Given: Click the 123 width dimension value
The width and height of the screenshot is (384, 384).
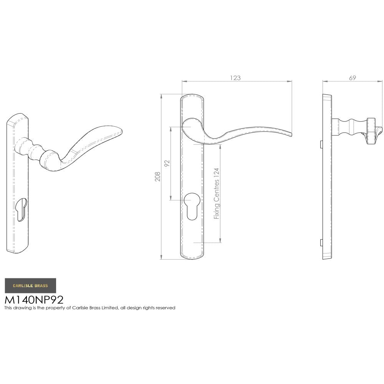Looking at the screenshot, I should click(x=235, y=78).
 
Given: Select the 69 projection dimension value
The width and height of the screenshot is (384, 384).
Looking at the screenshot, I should click(x=352, y=78).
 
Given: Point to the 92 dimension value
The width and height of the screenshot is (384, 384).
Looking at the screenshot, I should click(x=167, y=164).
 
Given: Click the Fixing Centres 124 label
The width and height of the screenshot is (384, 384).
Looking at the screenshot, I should click(x=217, y=194).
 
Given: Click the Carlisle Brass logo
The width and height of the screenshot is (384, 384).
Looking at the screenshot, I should click(x=30, y=286).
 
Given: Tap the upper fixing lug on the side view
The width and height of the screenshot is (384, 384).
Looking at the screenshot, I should click(x=321, y=144).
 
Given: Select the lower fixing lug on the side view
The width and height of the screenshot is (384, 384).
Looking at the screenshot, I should click(x=321, y=242).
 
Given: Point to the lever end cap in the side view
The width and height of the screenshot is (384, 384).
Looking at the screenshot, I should click(x=374, y=131).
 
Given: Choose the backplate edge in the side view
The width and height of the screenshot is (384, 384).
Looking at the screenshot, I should click(x=327, y=177).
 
